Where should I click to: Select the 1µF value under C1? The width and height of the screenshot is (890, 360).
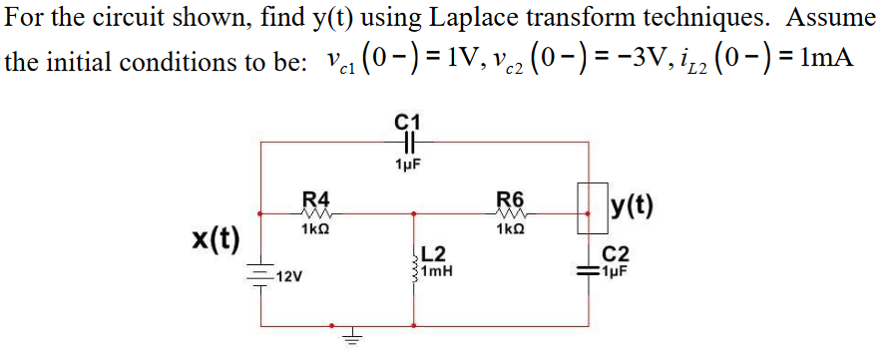pos(408,164)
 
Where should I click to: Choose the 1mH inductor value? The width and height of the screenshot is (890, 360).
pos(438,270)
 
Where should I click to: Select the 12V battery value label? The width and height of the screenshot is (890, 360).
pos(290,275)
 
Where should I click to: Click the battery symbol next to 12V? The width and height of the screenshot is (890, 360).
pos(261,274)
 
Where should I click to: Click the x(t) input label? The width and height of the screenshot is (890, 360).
pos(217,239)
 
